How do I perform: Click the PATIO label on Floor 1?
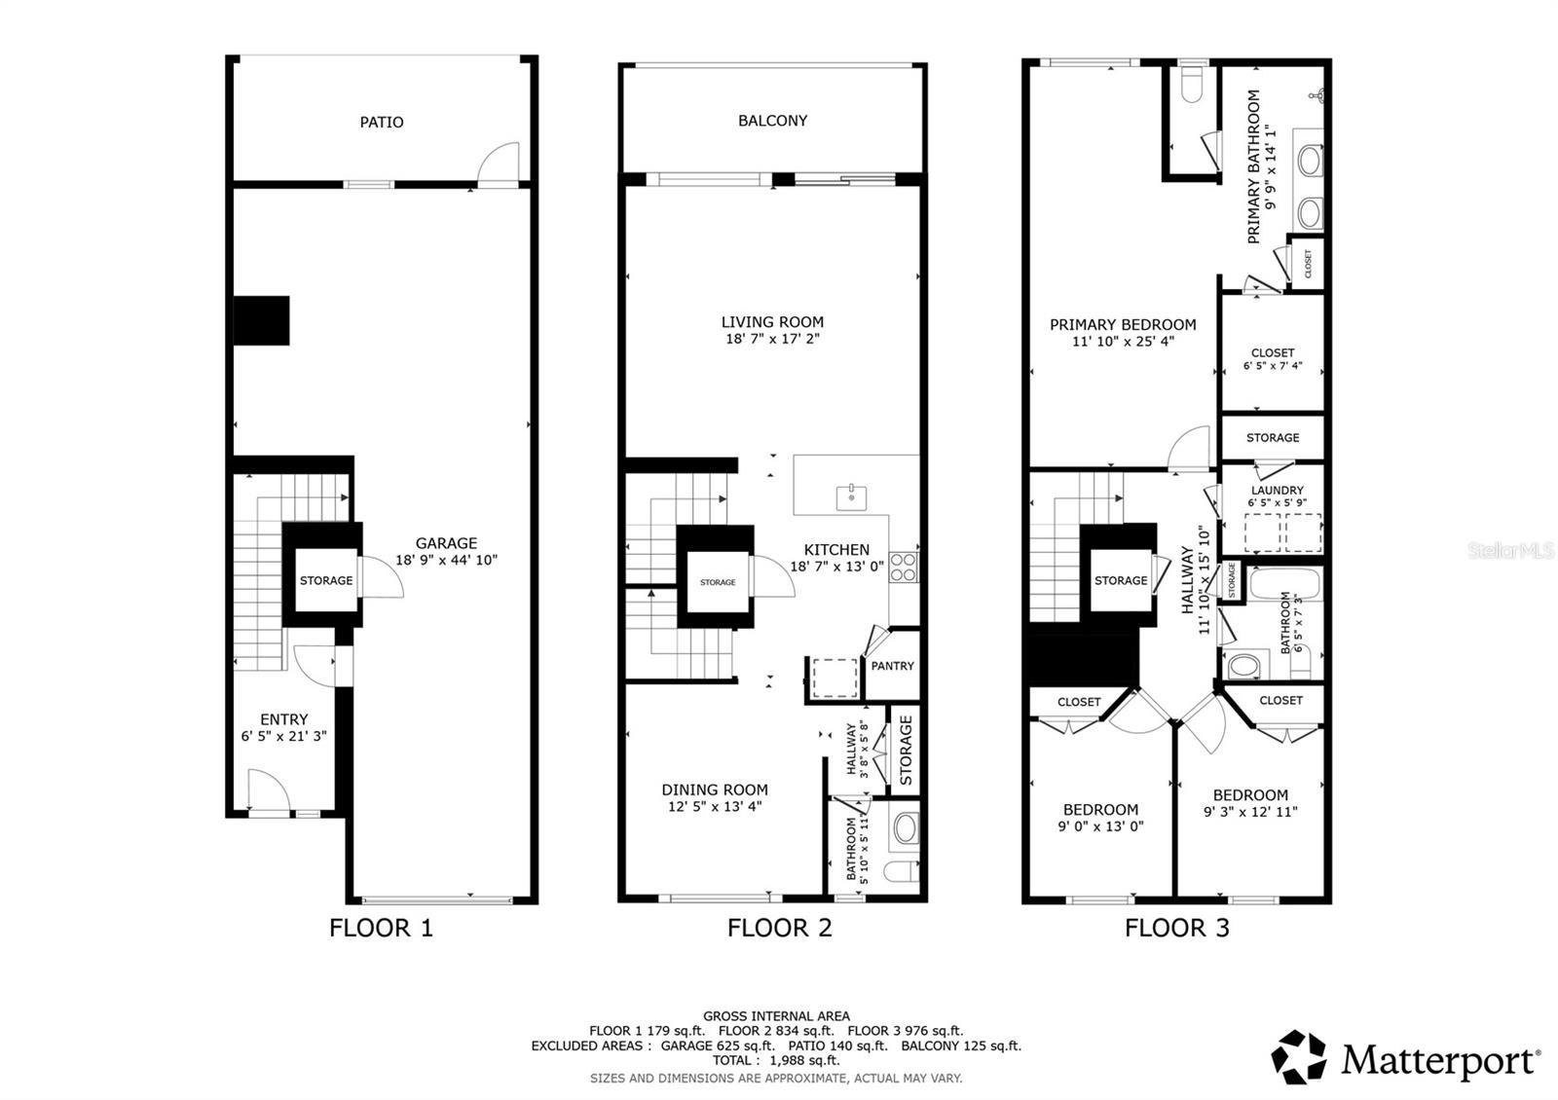coord(382,122)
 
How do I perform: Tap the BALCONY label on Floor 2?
coord(772,121)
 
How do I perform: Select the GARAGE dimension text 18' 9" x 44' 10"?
coord(446,561)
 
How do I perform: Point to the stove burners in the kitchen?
coord(903,567)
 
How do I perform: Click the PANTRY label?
coord(892,666)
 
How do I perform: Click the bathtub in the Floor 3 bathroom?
coord(1284,583)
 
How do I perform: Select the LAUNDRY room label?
coord(1277,491)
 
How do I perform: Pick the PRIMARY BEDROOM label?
coord(1123,325)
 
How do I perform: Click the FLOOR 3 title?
coord(1176,928)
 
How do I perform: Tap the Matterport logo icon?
coord(1299,1056)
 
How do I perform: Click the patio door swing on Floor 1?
coord(501,164)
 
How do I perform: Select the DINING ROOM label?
coord(715,789)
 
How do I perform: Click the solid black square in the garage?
coord(262,320)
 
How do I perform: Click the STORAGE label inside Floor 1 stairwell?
coord(326,580)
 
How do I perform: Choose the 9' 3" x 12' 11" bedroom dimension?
coord(1250,812)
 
